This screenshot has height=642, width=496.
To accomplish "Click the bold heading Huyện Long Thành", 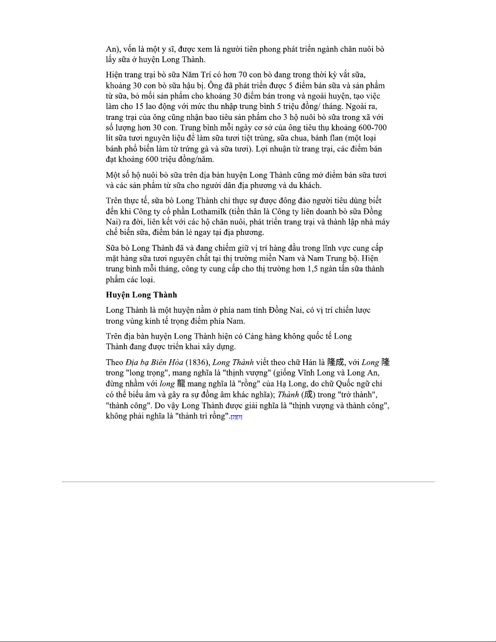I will (141, 295).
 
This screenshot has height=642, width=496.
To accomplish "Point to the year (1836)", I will (197, 362).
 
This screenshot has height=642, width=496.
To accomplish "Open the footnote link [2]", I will (233, 417).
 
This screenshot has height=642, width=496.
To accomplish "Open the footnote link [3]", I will (239, 417).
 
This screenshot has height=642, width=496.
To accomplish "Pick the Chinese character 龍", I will (181, 384).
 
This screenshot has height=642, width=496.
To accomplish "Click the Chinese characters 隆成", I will (335, 362).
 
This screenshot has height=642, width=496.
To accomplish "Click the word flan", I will (336, 139).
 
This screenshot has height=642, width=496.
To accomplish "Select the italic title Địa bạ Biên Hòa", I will (154, 362).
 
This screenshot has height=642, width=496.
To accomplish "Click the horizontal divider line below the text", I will (248, 482).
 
